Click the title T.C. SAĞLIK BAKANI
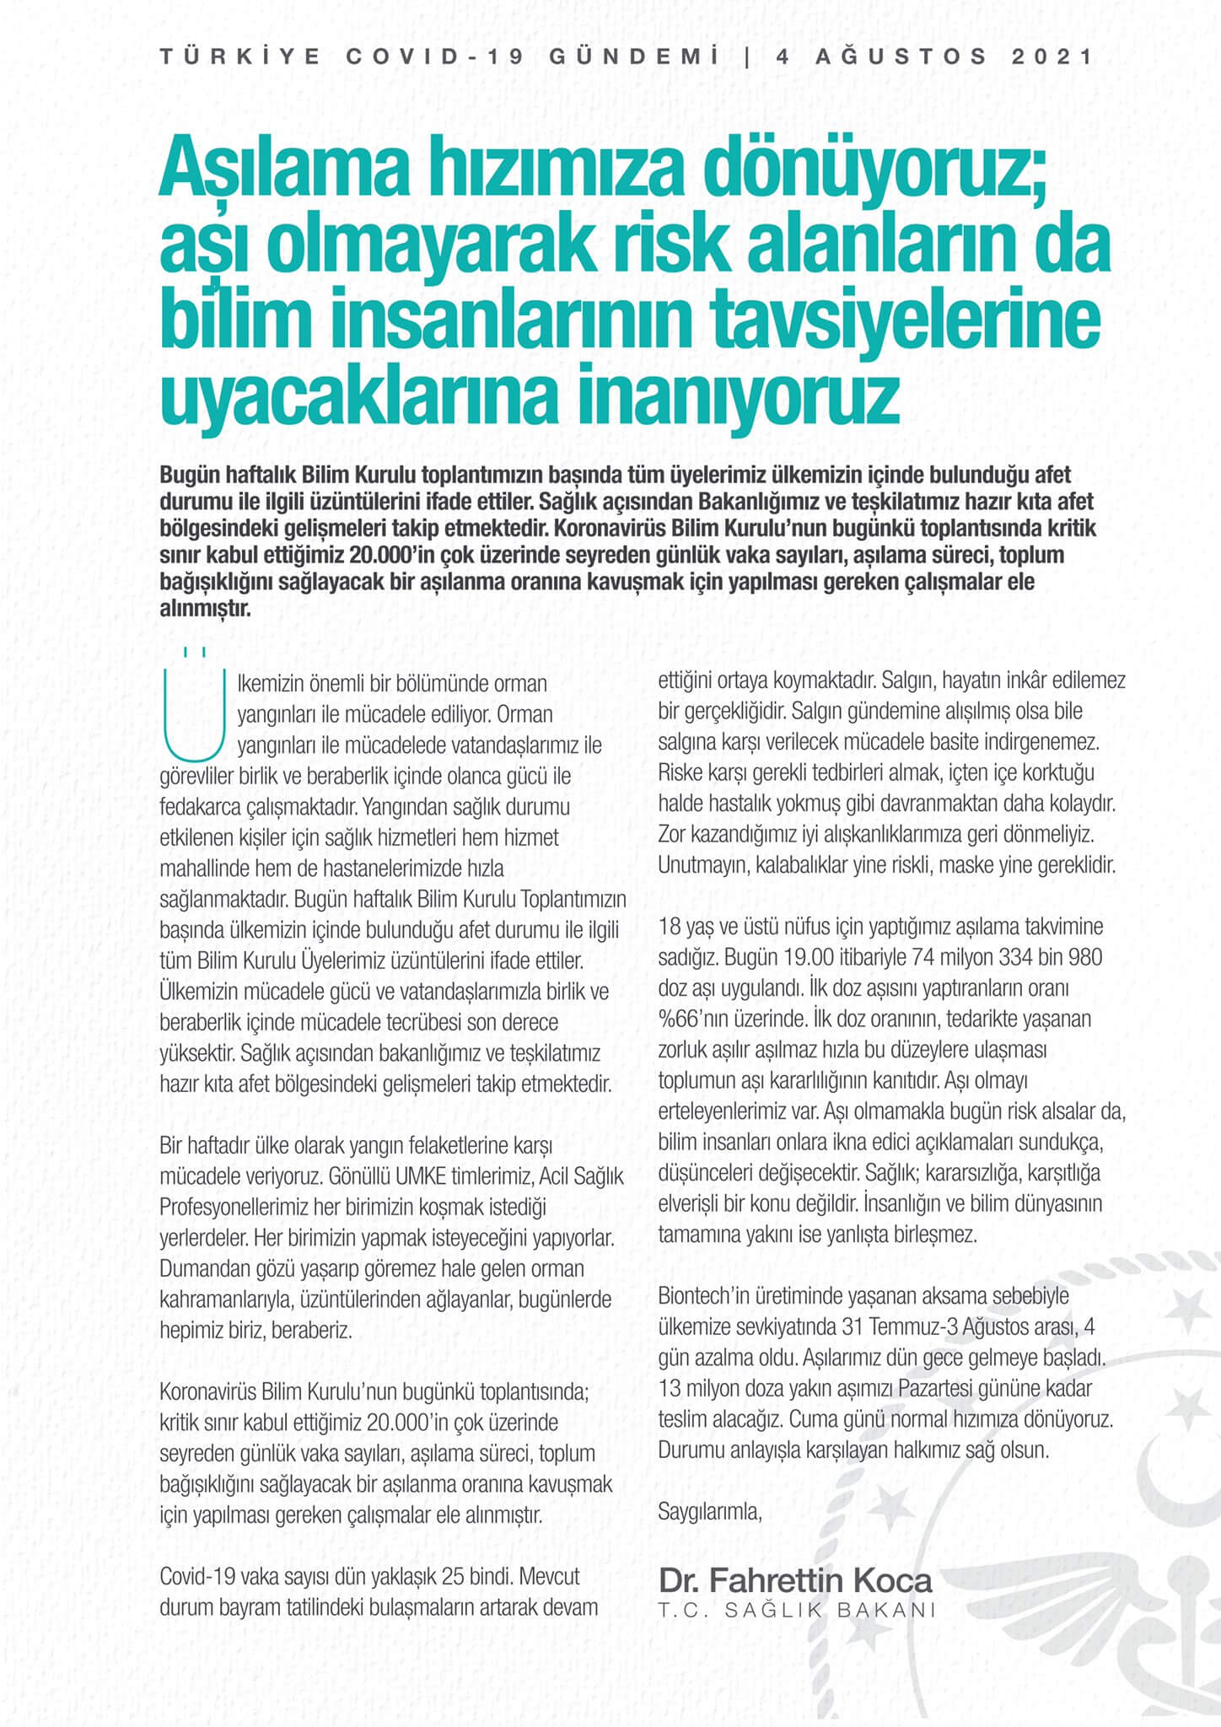tap(797, 1610)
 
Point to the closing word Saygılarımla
tap(709, 1511)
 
